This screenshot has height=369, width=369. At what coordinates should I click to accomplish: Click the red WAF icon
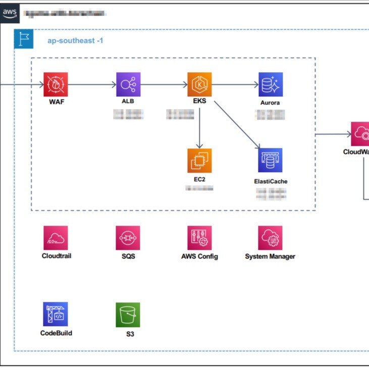click(56, 84)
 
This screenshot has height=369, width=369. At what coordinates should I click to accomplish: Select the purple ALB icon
click(128, 84)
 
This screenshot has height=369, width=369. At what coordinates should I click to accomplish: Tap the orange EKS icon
click(199, 84)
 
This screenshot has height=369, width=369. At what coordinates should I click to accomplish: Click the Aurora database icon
click(271, 84)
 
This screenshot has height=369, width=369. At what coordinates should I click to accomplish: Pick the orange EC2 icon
click(199, 161)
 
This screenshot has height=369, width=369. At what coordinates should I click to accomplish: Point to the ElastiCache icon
click(271, 161)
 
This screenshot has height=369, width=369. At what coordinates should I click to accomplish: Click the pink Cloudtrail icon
click(56, 238)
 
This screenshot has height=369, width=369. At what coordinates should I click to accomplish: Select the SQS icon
click(128, 238)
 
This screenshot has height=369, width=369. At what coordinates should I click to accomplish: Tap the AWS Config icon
click(199, 238)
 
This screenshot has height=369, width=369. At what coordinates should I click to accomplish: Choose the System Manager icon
click(271, 238)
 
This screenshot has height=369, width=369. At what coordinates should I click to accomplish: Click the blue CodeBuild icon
click(56, 314)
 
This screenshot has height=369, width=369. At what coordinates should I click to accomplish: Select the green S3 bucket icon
click(128, 314)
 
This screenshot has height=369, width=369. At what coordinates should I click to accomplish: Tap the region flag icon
click(23, 39)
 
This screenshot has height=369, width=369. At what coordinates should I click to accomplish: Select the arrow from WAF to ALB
click(92, 85)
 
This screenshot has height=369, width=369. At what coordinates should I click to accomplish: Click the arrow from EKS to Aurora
click(235, 85)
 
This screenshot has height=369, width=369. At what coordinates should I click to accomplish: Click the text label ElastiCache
click(271, 181)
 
